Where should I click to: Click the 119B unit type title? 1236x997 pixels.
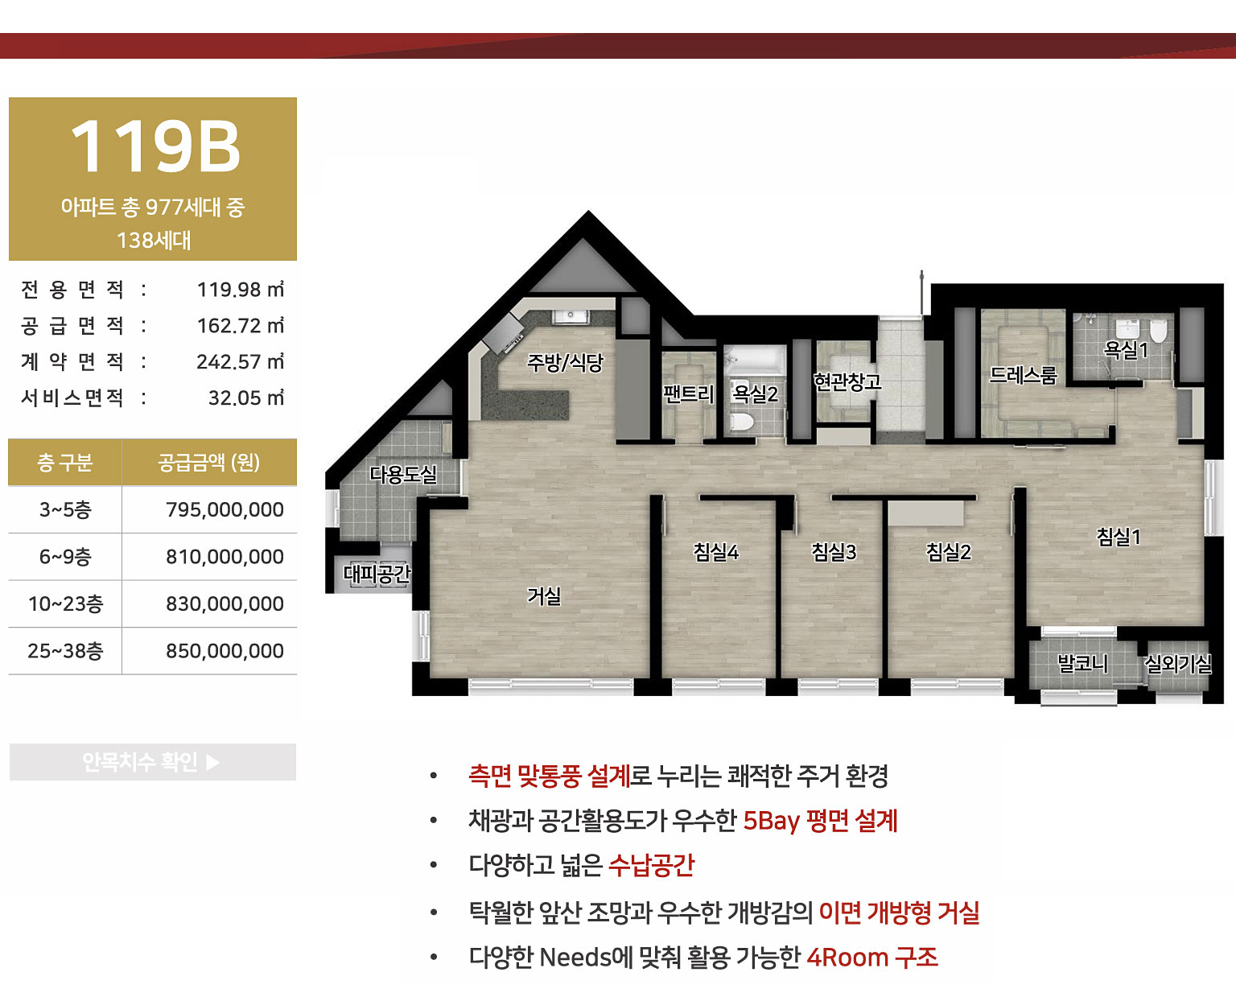pyautogui.click(x=154, y=146)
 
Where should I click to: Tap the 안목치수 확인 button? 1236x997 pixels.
pyautogui.click(x=152, y=762)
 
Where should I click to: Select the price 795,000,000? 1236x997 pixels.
pyautogui.click(x=225, y=509)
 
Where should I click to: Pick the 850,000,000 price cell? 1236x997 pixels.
pyautogui.click(x=225, y=651)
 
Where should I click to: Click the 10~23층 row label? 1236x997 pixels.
pyautogui.click(x=65, y=604)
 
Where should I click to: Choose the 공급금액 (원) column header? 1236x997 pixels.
pyautogui.click(x=208, y=463)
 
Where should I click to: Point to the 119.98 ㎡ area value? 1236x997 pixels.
pyautogui.click(x=240, y=290)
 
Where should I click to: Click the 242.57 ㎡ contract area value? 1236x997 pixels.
pyautogui.click(x=240, y=362)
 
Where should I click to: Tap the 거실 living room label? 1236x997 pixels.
pyautogui.click(x=544, y=596)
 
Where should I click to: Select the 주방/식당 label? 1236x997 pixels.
pyautogui.click(x=565, y=363)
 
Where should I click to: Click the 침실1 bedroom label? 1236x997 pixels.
pyautogui.click(x=1119, y=537)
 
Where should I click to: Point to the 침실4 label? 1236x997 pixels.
pyautogui.click(x=715, y=552)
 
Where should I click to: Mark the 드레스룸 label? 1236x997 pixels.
pyautogui.click(x=1023, y=375)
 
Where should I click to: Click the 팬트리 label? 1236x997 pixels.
pyautogui.click(x=688, y=394)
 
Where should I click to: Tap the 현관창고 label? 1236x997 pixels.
pyautogui.click(x=847, y=381)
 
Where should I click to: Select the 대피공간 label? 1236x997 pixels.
pyautogui.click(x=377, y=574)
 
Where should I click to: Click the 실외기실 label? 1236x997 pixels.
pyautogui.click(x=1178, y=664)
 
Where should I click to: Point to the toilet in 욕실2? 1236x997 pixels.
pyautogui.click(x=741, y=422)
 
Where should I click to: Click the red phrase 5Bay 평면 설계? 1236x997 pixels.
pyautogui.click(x=820, y=821)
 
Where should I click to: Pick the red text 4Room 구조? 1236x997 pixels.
pyautogui.click(x=872, y=958)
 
